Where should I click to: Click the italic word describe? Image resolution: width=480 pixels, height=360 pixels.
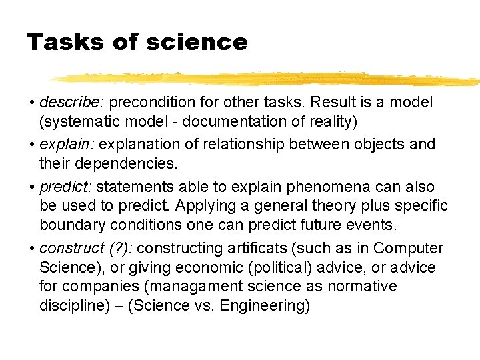[x=71, y=103]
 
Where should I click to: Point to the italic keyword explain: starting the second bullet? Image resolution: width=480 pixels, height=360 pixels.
[x=67, y=144]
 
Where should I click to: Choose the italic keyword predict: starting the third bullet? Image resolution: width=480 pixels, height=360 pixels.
[x=67, y=187]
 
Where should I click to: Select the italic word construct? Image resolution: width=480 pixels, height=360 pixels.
[x=71, y=249]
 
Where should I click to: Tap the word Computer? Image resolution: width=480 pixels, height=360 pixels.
[x=408, y=249]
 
